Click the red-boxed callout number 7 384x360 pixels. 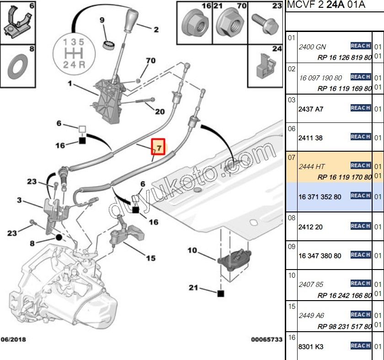pyautogui.click(x=158, y=148)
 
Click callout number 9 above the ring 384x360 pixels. pyautogui.click(x=102, y=20)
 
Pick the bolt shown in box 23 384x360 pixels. pyautogui.click(x=264, y=21)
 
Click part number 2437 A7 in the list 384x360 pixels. pyautogui.click(x=310, y=110)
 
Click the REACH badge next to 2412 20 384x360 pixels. pyautogui.click(x=360, y=226)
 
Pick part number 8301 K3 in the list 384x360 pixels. pyautogui.click(x=310, y=347)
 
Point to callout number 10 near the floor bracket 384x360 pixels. pyautogui.click(x=192, y=250)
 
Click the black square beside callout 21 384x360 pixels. pyautogui.click(x=221, y=293)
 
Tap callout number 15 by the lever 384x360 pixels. pyautogui.click(x=150, y=258)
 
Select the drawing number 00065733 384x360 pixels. pyautogui.click(x=266, y=339)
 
